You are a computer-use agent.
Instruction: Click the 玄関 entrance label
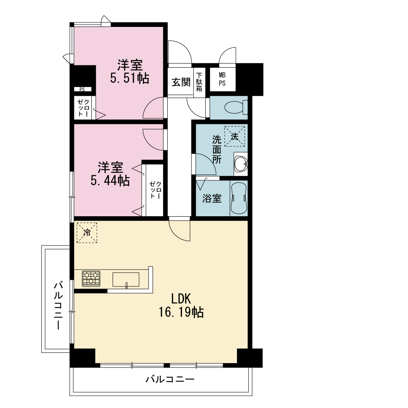181,82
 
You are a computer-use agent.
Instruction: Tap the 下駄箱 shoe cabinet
199,82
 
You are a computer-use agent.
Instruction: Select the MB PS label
222,79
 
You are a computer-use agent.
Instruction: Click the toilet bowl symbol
236,107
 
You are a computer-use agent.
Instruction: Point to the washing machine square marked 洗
235,136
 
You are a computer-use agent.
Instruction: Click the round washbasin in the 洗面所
241,164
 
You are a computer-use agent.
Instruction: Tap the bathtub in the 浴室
239,198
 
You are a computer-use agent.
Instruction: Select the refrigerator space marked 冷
87,233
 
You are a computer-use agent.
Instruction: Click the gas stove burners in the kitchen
91,278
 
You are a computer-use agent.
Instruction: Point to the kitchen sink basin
126,279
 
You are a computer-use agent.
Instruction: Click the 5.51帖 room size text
130,78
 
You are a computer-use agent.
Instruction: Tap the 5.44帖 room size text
110,180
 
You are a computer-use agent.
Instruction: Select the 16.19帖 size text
181,312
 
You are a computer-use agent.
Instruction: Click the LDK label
181,299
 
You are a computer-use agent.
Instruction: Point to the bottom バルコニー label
170,379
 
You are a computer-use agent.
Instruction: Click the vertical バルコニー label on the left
58,305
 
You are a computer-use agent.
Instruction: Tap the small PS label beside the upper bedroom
82,89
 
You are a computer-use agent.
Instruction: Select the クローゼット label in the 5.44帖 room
155,190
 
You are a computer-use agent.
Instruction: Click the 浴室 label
212,198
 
